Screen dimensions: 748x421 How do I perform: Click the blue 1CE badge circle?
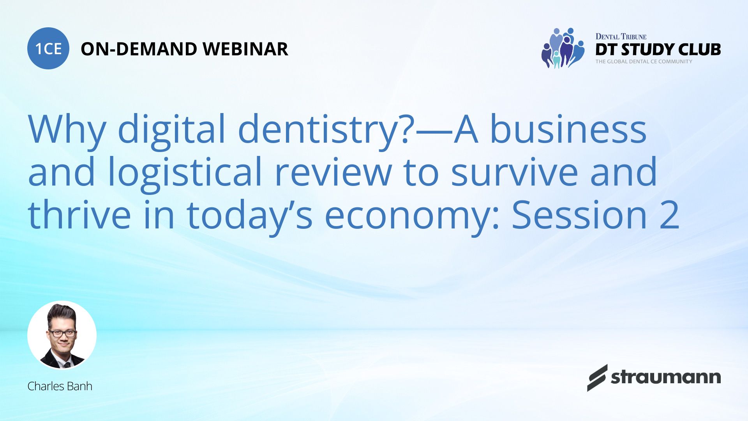pos(48,48)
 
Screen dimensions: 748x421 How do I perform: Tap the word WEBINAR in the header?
pos(245,49)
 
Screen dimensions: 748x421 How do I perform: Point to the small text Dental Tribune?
pos(621,37)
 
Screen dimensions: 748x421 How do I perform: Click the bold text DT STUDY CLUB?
pos(658,50)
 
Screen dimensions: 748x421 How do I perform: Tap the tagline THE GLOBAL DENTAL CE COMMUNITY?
pos(644,62)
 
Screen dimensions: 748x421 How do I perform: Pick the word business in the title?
pos(568,129)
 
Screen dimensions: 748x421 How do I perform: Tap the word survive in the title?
pos(515,172)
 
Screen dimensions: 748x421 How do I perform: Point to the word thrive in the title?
pos(79,215)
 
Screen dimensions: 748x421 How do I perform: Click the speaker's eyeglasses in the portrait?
pos(62,334)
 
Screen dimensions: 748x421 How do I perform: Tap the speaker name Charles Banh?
pos(60,386)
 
